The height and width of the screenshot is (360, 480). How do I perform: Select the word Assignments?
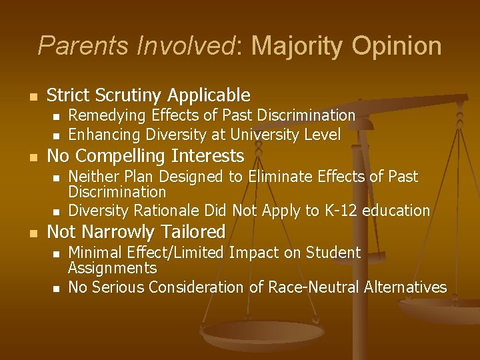(x=112, y=268)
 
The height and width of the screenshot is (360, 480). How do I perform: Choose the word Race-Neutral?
(x=317, y=287)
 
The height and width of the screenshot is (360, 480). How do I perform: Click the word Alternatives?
(x=406, y=287)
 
